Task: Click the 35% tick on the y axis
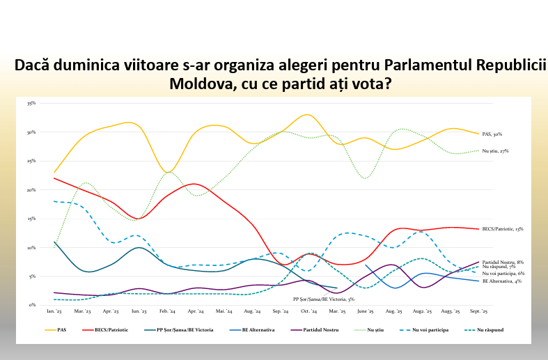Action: pyautogui.click(x=31, y=103)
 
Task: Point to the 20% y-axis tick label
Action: pyautogui.click(x=31, y=189)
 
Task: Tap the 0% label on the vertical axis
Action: pyautogui.click(x=33, y=305)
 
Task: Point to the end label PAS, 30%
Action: pyautogui.click(x=492, y=134)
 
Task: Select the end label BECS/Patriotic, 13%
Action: pyautogui.click(x=503, y=228)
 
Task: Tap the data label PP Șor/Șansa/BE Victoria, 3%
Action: pyautogui.click(x=324, y=298)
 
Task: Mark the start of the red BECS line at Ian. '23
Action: pyautogui.click(x=54, y=178)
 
